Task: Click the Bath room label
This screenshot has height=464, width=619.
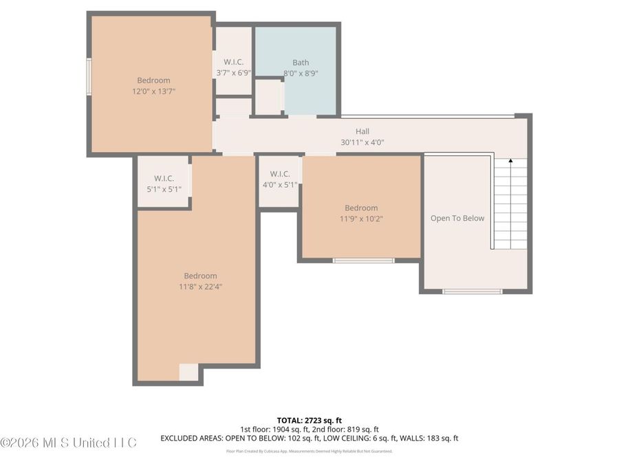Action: point(301,63)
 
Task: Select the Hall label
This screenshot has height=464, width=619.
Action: point(362,131)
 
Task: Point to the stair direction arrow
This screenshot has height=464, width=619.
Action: point(510,162)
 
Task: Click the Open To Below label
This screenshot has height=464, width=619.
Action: point(457,219)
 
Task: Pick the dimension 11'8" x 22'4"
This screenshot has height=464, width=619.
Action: point(200,287)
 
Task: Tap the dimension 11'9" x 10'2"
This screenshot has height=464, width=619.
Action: point(361,219)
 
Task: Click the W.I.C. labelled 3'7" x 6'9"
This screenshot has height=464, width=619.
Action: point(233,67)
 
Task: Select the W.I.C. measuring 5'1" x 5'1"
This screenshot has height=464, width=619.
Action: point(164,184)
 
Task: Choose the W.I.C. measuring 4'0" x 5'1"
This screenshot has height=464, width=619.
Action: point(279,179)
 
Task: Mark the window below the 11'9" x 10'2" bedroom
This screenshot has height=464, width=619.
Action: point(363,261)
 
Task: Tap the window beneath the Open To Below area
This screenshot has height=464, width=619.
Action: point(472,291)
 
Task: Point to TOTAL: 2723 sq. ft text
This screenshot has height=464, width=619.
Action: point(309,419)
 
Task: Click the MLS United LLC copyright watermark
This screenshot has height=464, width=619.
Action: point(69,442)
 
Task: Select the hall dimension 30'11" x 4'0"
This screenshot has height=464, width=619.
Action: point(362,142)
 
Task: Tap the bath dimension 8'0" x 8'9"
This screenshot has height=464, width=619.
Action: point(301,73)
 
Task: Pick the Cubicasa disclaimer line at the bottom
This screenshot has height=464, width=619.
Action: point(309,452)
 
